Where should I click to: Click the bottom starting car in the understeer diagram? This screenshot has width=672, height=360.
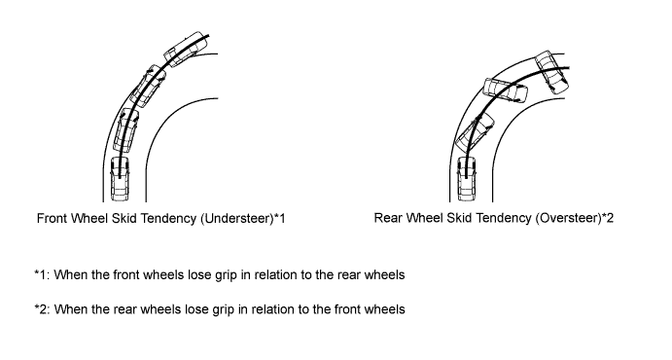pos(120,179)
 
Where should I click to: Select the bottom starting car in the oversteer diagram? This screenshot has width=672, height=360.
pos(467,179)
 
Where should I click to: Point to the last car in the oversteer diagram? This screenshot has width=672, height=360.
pos(552,72)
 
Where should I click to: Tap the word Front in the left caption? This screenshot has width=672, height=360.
pos(52,219)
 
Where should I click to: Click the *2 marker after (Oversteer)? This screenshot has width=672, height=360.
pos(608,218)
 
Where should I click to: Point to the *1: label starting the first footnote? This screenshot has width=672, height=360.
pos(43,274)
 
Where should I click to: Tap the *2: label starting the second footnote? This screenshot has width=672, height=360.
pos(43,309)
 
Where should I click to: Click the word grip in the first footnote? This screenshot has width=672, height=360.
pos(226,275)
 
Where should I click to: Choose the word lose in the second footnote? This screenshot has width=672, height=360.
pos(196,309)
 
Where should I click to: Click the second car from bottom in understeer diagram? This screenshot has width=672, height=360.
pos(127,129)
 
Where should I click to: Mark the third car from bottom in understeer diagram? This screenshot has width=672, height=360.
pos(148,87)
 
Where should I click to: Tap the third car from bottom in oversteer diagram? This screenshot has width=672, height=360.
pos(506,90)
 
